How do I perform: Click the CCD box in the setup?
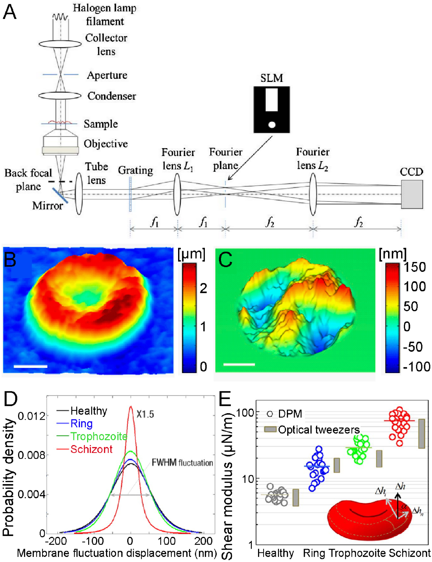[x=412, y=194]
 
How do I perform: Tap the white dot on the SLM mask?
[x=272, y=125]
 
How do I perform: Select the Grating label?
[x=135, y=170]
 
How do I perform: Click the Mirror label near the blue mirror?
[x=48, y=205]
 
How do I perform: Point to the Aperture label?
[x=107, y=75]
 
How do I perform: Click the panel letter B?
[x=10, y=260]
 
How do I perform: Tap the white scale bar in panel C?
[x=239, y=364]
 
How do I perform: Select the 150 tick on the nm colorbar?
[x=415, y=267]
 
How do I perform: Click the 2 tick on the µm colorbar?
[x=203, y=288]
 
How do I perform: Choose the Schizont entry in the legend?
[x=91, y=449]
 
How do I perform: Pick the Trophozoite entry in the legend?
[x=98, y=436]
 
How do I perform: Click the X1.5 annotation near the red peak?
[x=145, y=414]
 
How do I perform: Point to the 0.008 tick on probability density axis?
[x=31, y=455]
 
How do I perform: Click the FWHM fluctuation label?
[x=182, y=463]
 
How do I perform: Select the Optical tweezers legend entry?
[x=318, y=430]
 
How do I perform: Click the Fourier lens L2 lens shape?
[x=313, y=194]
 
